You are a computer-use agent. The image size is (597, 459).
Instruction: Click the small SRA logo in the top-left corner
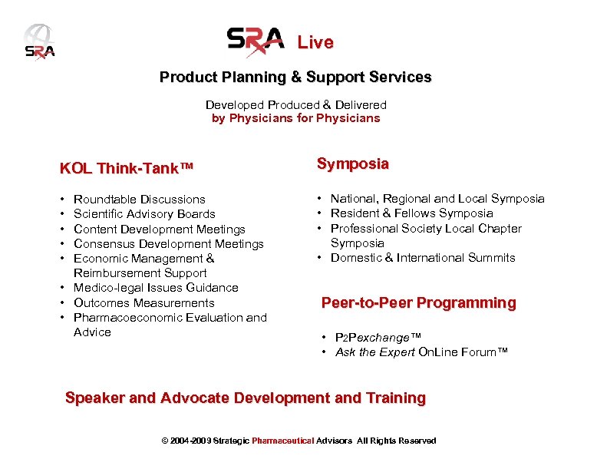pos(38,43)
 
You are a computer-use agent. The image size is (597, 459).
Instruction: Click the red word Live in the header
pos(315,43)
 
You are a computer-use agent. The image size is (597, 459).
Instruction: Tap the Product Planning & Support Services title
pos(295,78)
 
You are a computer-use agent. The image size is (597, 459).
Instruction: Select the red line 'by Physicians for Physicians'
pos(295,118)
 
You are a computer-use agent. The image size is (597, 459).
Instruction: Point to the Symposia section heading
pos(352,163)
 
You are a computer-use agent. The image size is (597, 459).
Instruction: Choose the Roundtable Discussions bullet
pos(139,200)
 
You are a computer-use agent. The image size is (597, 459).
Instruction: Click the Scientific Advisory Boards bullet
pos(144,214)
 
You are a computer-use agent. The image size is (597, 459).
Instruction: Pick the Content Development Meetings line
pos(159,229)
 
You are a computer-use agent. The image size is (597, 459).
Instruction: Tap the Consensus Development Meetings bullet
pos(168,243)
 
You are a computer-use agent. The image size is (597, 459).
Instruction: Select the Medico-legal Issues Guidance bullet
pos(156,288)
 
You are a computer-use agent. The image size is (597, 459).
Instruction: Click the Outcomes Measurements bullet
pos(143,302)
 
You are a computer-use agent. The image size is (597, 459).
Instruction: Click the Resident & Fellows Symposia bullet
pos(411,213)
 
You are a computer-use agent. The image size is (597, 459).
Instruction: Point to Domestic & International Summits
pos(422,258)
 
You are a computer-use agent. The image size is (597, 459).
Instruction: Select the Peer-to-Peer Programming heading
pos(418,303)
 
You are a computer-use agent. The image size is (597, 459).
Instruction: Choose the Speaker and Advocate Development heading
pos(245,398)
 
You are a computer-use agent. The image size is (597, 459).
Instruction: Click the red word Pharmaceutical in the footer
pos(283,441)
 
